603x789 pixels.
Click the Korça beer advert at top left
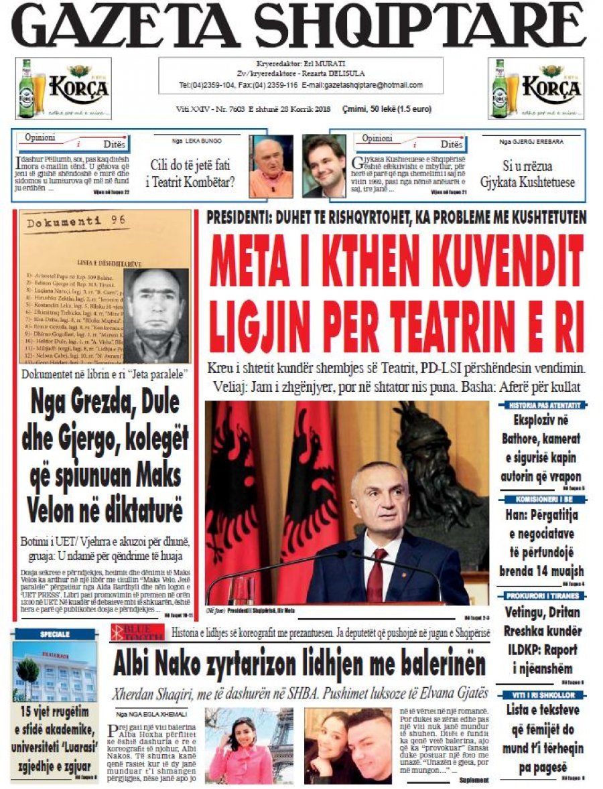[x=63, y=88]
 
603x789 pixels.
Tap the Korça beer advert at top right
[x=536, y=88]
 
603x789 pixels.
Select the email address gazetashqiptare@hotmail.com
[x=362, y=86]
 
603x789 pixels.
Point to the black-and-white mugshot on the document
[x=155, y=315]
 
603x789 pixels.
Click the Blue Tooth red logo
[x=137, y=631]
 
